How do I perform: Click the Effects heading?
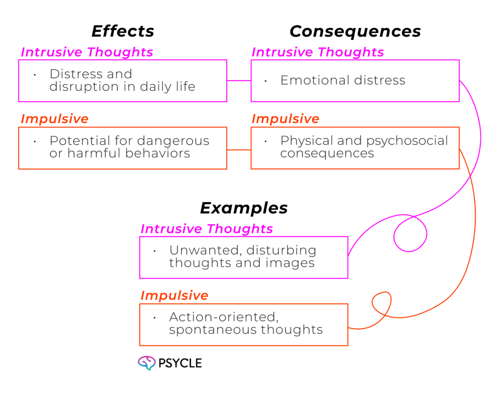pos(123,31)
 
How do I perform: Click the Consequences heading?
pos(355,31)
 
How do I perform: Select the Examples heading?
pos(244,208)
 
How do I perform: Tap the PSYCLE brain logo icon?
pos(146,363)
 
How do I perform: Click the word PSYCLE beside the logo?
pos(180,363)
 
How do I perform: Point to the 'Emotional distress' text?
pos(343,80)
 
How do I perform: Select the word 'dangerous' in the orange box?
pos(174,141)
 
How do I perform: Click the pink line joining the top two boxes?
pos(239,81)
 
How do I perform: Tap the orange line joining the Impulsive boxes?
pos(239,149)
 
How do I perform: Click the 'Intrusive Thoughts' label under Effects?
pos(87,52)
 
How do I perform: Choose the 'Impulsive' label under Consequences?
pos(285,119)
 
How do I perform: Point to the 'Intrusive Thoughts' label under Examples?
pos(206,229)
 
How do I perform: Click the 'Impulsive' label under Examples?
pos(174,295)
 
